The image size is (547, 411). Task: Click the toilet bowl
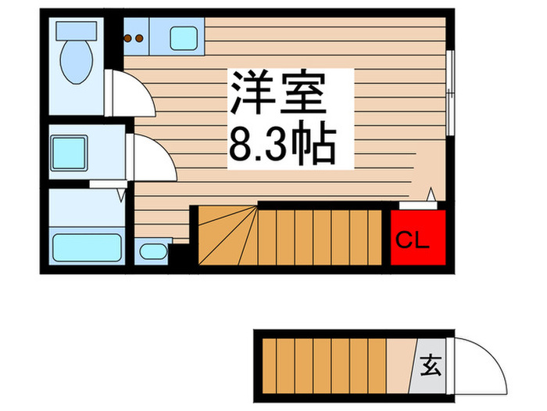pos(76,63)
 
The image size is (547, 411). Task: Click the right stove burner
pos(139,37)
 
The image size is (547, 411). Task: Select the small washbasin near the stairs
pos(151,251)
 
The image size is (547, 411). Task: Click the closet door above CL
pos(417,204)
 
